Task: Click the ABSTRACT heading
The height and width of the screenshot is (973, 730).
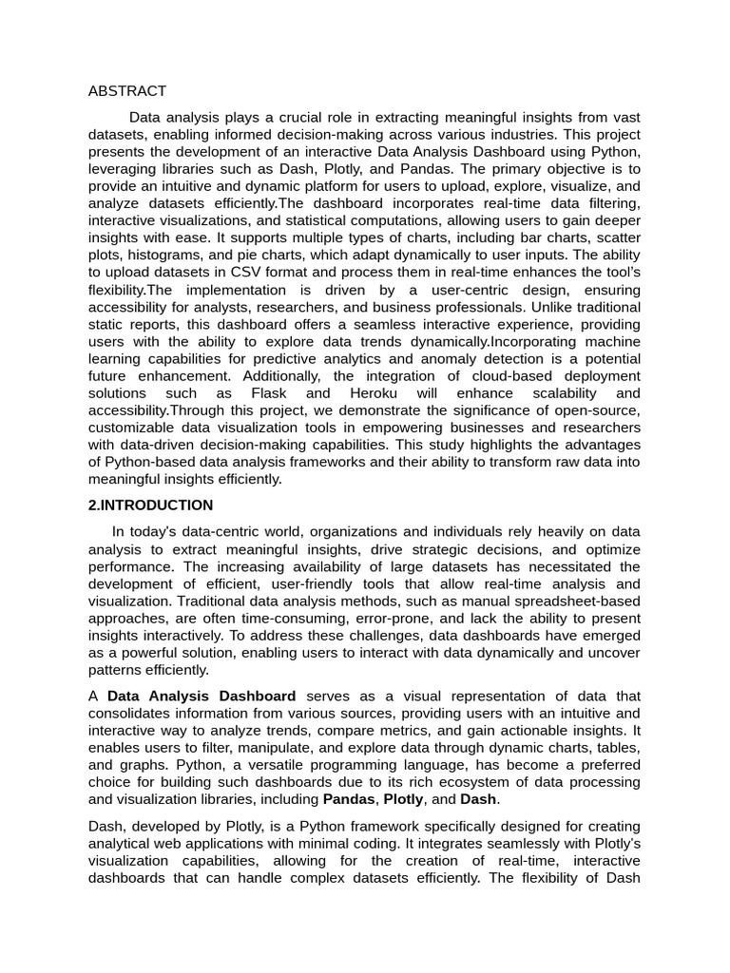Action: [126, 91]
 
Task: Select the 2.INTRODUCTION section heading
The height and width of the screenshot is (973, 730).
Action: [150, 506]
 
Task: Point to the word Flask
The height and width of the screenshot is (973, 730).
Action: [269, 393]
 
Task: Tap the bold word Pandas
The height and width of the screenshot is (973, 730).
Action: [348, 799]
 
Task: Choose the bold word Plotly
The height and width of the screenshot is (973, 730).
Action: [403, 799]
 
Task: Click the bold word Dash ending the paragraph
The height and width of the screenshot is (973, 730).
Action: [478, 799]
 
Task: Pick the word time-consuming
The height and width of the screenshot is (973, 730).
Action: [290, 619]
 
